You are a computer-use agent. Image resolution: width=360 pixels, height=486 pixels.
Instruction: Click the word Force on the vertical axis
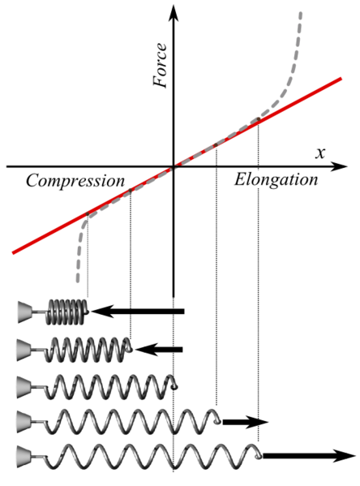point(160,66)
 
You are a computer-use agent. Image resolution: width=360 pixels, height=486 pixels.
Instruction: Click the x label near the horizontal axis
point(320,153)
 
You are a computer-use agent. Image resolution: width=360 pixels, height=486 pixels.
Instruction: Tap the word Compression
point(75,181)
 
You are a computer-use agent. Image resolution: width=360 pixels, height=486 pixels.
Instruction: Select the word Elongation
point(276,180)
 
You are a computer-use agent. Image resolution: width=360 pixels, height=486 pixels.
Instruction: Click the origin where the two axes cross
point(174,167)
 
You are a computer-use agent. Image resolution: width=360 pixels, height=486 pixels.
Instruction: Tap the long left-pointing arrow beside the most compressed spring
point(138,312)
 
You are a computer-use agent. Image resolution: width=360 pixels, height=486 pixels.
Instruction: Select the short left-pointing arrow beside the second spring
point(159,350)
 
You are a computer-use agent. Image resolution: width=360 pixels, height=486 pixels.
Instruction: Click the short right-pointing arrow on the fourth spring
point(246,422)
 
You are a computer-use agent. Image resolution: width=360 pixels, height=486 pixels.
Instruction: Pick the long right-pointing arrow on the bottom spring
point(309,456)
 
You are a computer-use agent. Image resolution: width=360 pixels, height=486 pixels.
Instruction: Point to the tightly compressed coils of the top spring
point(66,312)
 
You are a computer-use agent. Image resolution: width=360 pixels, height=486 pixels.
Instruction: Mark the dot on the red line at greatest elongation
point(258,118)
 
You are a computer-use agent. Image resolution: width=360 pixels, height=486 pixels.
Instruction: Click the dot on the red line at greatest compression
point(88,214)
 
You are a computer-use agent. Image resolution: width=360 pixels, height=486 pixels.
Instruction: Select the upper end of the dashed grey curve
point(301,13)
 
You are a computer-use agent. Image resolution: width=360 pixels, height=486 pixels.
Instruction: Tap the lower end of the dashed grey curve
point(78,281)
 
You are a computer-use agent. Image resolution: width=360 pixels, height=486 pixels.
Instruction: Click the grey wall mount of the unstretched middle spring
point(24,387)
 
